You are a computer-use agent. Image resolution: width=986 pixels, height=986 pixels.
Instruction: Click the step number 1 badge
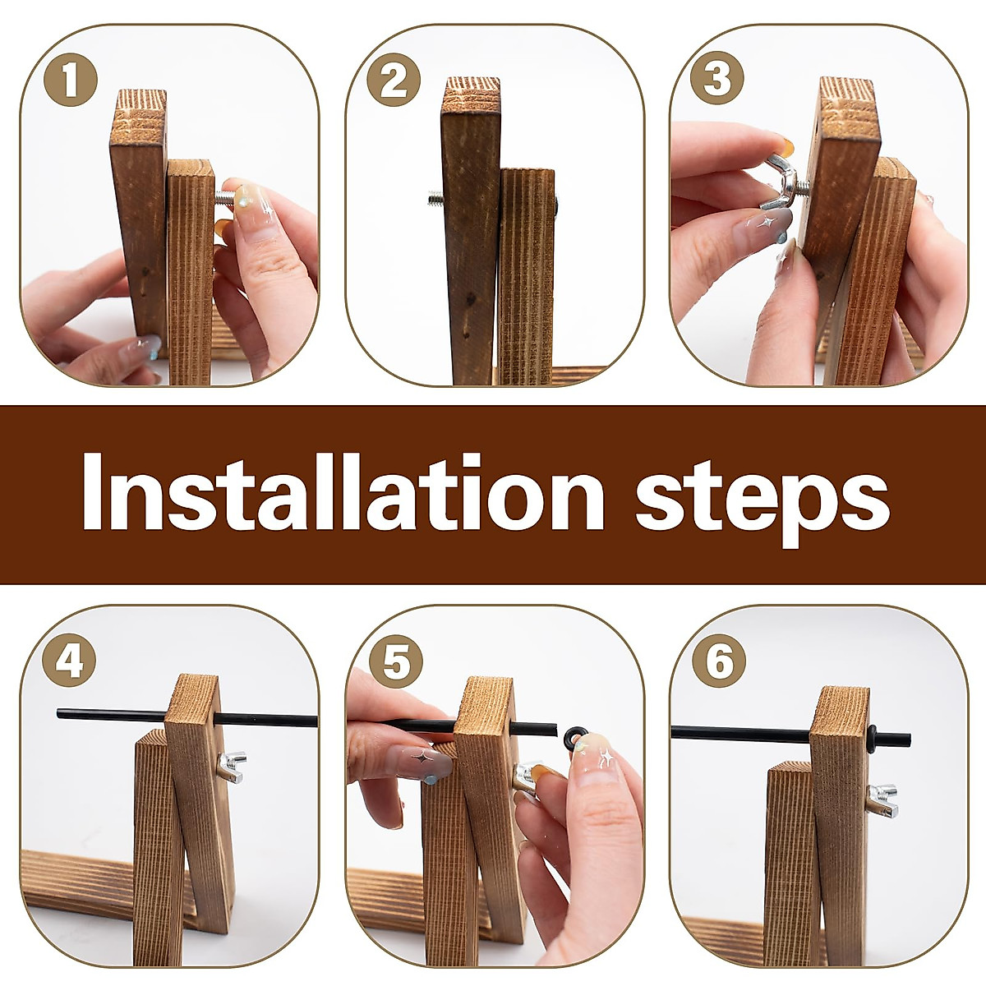[x=71, y=80]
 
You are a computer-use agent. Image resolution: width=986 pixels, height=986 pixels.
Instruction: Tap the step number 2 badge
[x=394, y=80]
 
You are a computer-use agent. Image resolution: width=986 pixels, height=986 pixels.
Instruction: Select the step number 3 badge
[x=716, y=80]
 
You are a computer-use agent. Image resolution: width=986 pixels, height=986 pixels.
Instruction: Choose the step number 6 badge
[x=719, y=661]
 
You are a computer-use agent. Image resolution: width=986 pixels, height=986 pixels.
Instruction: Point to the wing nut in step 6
[x=882, y=800]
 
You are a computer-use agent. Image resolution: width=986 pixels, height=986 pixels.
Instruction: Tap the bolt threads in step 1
[x=224, y=196]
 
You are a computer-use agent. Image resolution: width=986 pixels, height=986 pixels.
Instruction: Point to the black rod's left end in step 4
[x=59, y=712]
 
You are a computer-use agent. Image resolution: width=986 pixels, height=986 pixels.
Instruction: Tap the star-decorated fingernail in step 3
[x=763, y=224]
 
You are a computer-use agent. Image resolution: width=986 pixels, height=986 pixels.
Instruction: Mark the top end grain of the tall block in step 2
[x=471, y=95]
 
